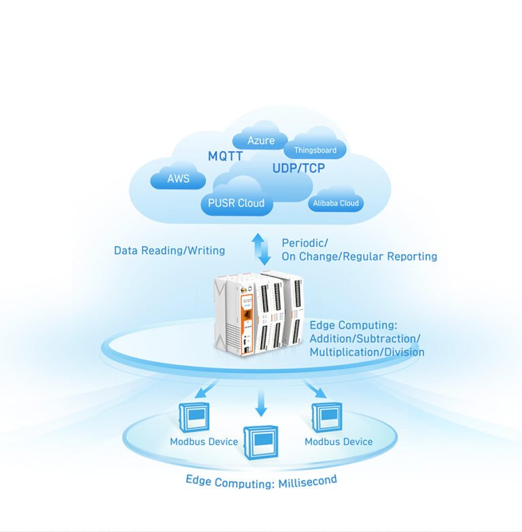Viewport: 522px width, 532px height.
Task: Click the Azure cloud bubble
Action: pyautogui.click(x=261, y=139)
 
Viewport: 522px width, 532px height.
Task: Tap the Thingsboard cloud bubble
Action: pyautogui.click(x=315, y=150)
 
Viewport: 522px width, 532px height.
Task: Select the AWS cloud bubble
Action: pyautogui.click(x=178, y=179)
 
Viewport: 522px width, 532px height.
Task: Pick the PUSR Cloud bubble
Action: pyautogui.click(x=237, y=202)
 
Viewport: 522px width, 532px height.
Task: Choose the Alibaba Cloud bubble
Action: pyautogui.click(x=335, y=203)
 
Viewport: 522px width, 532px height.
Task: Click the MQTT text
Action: pyautogui.click(x=225, y=156)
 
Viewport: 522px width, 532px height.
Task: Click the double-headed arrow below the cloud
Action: pyautogui.click(x=261, y=249)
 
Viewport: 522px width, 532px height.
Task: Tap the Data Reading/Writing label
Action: pyautogui.click(x=169, y=251)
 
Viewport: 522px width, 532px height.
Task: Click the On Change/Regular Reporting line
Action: pyautogui.click(x=360, y=257)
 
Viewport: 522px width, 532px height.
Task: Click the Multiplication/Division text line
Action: pyautogui.click(x=367, y=352)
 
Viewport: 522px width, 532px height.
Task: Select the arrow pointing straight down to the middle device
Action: pyautogui.click(x=261, y=405)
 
